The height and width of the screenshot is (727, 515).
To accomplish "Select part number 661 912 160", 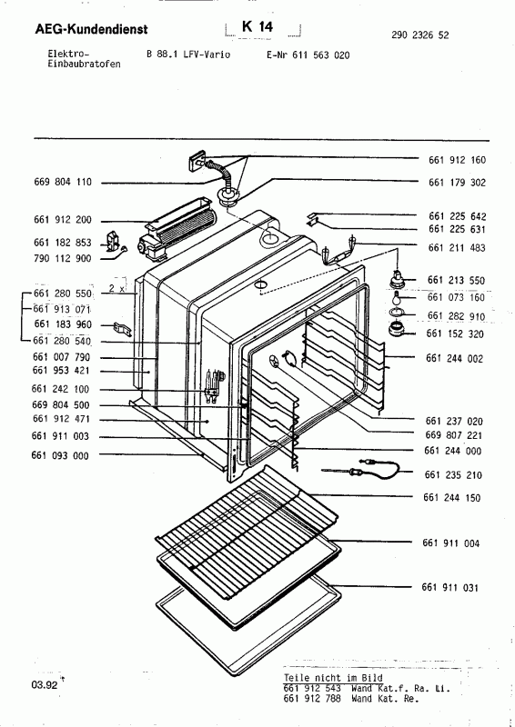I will pos(457,159).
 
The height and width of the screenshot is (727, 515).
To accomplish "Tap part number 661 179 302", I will pos(457,182).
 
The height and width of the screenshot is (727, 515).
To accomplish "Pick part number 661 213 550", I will pos(457,281).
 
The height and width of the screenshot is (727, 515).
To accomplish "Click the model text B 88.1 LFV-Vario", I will pos(187,55).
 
